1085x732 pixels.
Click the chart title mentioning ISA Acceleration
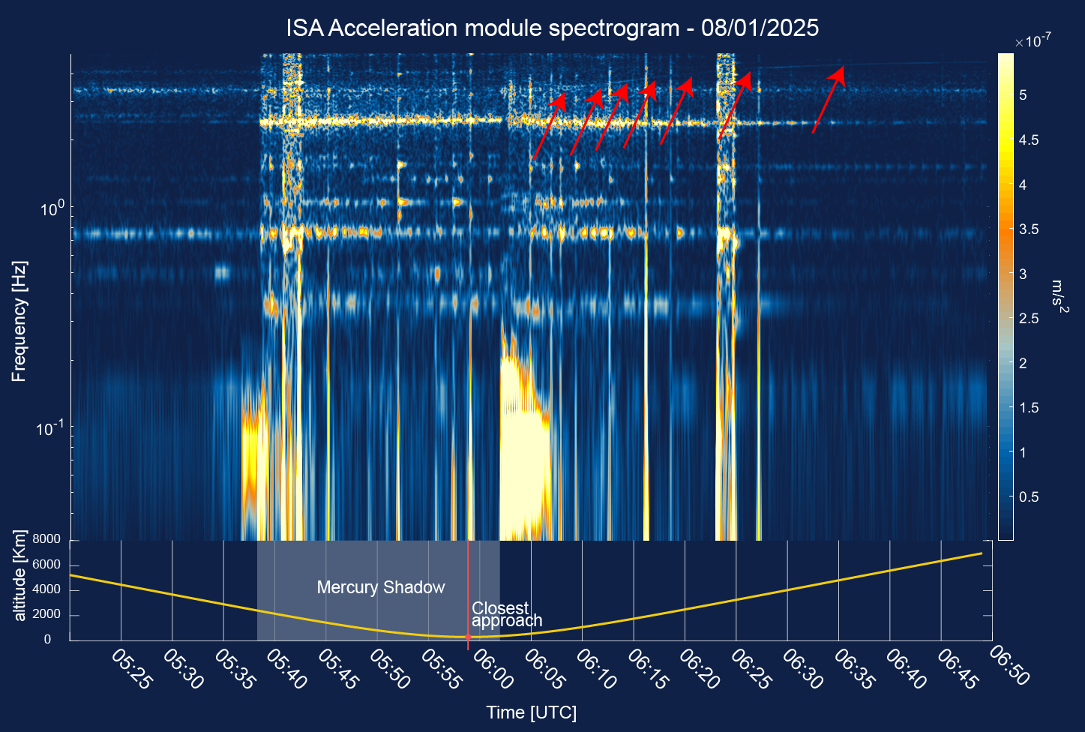(552, 28)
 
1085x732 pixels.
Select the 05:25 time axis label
(131, 669)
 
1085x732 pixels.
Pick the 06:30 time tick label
(802, 669)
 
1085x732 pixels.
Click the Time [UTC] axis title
(531, 712)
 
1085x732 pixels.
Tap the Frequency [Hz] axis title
(19, 322)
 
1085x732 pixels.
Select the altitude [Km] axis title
(19, 576)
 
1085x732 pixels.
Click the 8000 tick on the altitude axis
(46, 539)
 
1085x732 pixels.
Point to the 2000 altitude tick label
(46, 615)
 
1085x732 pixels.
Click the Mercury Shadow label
(380, 587)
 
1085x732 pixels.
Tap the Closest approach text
(506, 614)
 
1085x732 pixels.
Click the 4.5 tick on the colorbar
(1028, 140)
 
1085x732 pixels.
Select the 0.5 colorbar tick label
(1028, 497)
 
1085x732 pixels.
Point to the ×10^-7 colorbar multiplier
(1033, 42)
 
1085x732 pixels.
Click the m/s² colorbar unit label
(1058, 297)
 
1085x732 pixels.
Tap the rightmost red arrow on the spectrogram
(829, 99)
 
